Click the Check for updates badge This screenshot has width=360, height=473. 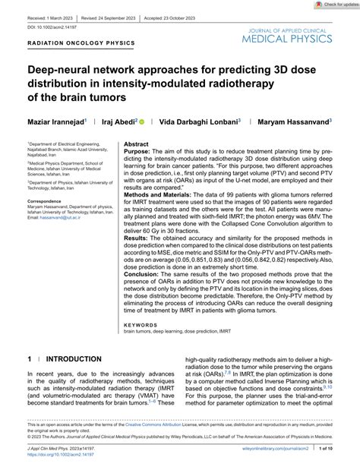pyautogui.click(x=331, y=5)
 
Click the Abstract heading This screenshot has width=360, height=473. pyautogui.click(x=136, y=122)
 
